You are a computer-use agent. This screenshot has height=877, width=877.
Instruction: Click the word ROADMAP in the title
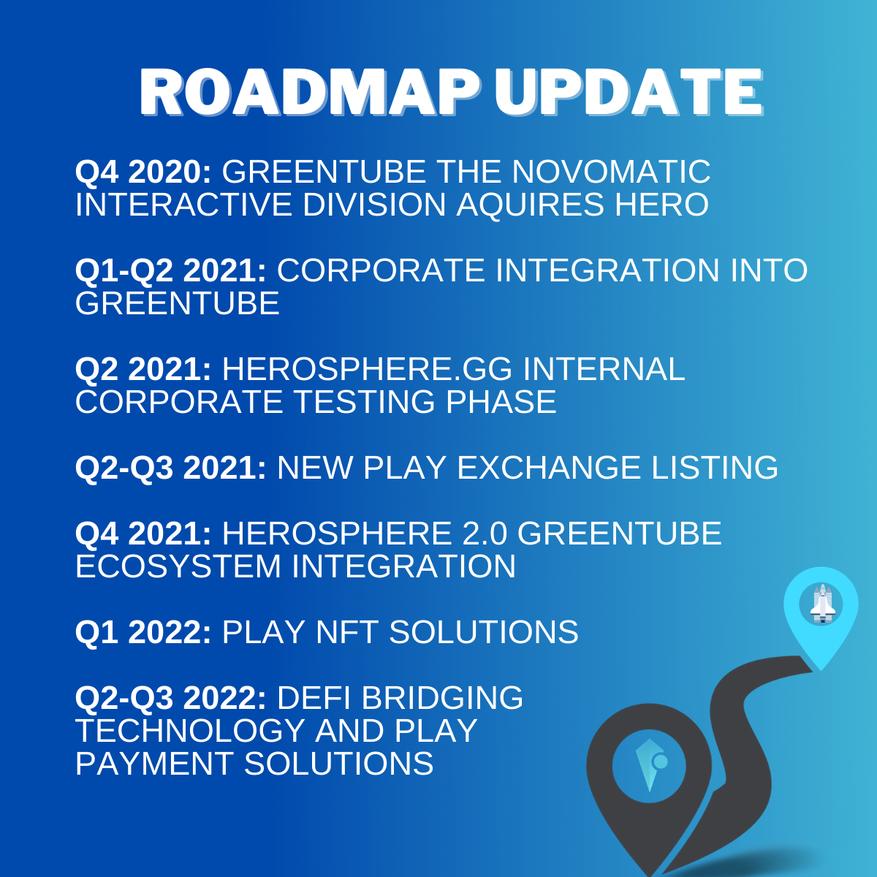310,93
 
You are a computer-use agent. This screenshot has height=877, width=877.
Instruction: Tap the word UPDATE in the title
629,93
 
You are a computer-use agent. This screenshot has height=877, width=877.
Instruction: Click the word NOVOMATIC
611,172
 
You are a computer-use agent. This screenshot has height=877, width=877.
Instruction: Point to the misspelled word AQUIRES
530,205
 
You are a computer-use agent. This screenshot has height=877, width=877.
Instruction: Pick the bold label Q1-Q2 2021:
171,271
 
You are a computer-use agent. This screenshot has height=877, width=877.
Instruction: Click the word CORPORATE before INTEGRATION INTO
381,270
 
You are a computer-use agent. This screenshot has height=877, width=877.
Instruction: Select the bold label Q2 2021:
143,370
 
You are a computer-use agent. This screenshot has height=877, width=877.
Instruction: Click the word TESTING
364,402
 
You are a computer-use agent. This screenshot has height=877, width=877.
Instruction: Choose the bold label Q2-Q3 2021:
171,468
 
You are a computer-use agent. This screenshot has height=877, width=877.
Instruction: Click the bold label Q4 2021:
143,534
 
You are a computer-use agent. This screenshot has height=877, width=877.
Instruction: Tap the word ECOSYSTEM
178,566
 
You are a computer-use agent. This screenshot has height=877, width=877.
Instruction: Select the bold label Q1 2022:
143,633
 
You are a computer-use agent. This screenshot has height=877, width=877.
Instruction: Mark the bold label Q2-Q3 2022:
171,698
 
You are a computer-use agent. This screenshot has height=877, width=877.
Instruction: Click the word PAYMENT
154,764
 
